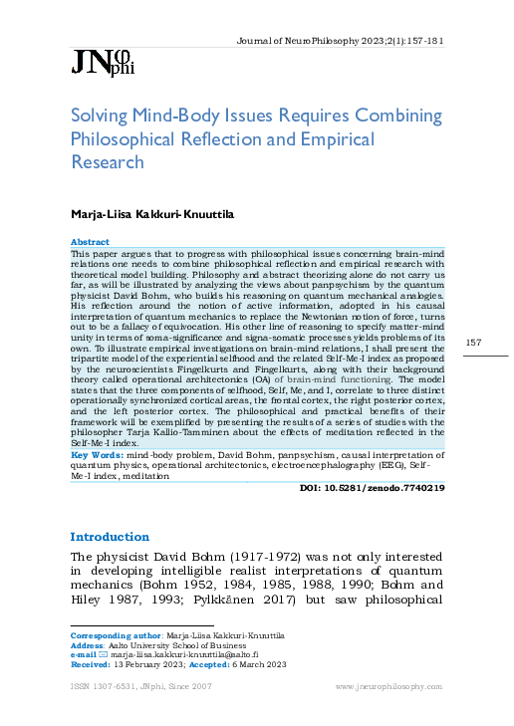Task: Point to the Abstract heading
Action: pyautogui.click(x=90, y=242)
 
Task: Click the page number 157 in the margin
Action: pyautogui.click(x=474, y=344)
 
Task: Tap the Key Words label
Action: pyautogui.click(x=94, y=454)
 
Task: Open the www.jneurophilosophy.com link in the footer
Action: pyautogui.click(x=389, y=686)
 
